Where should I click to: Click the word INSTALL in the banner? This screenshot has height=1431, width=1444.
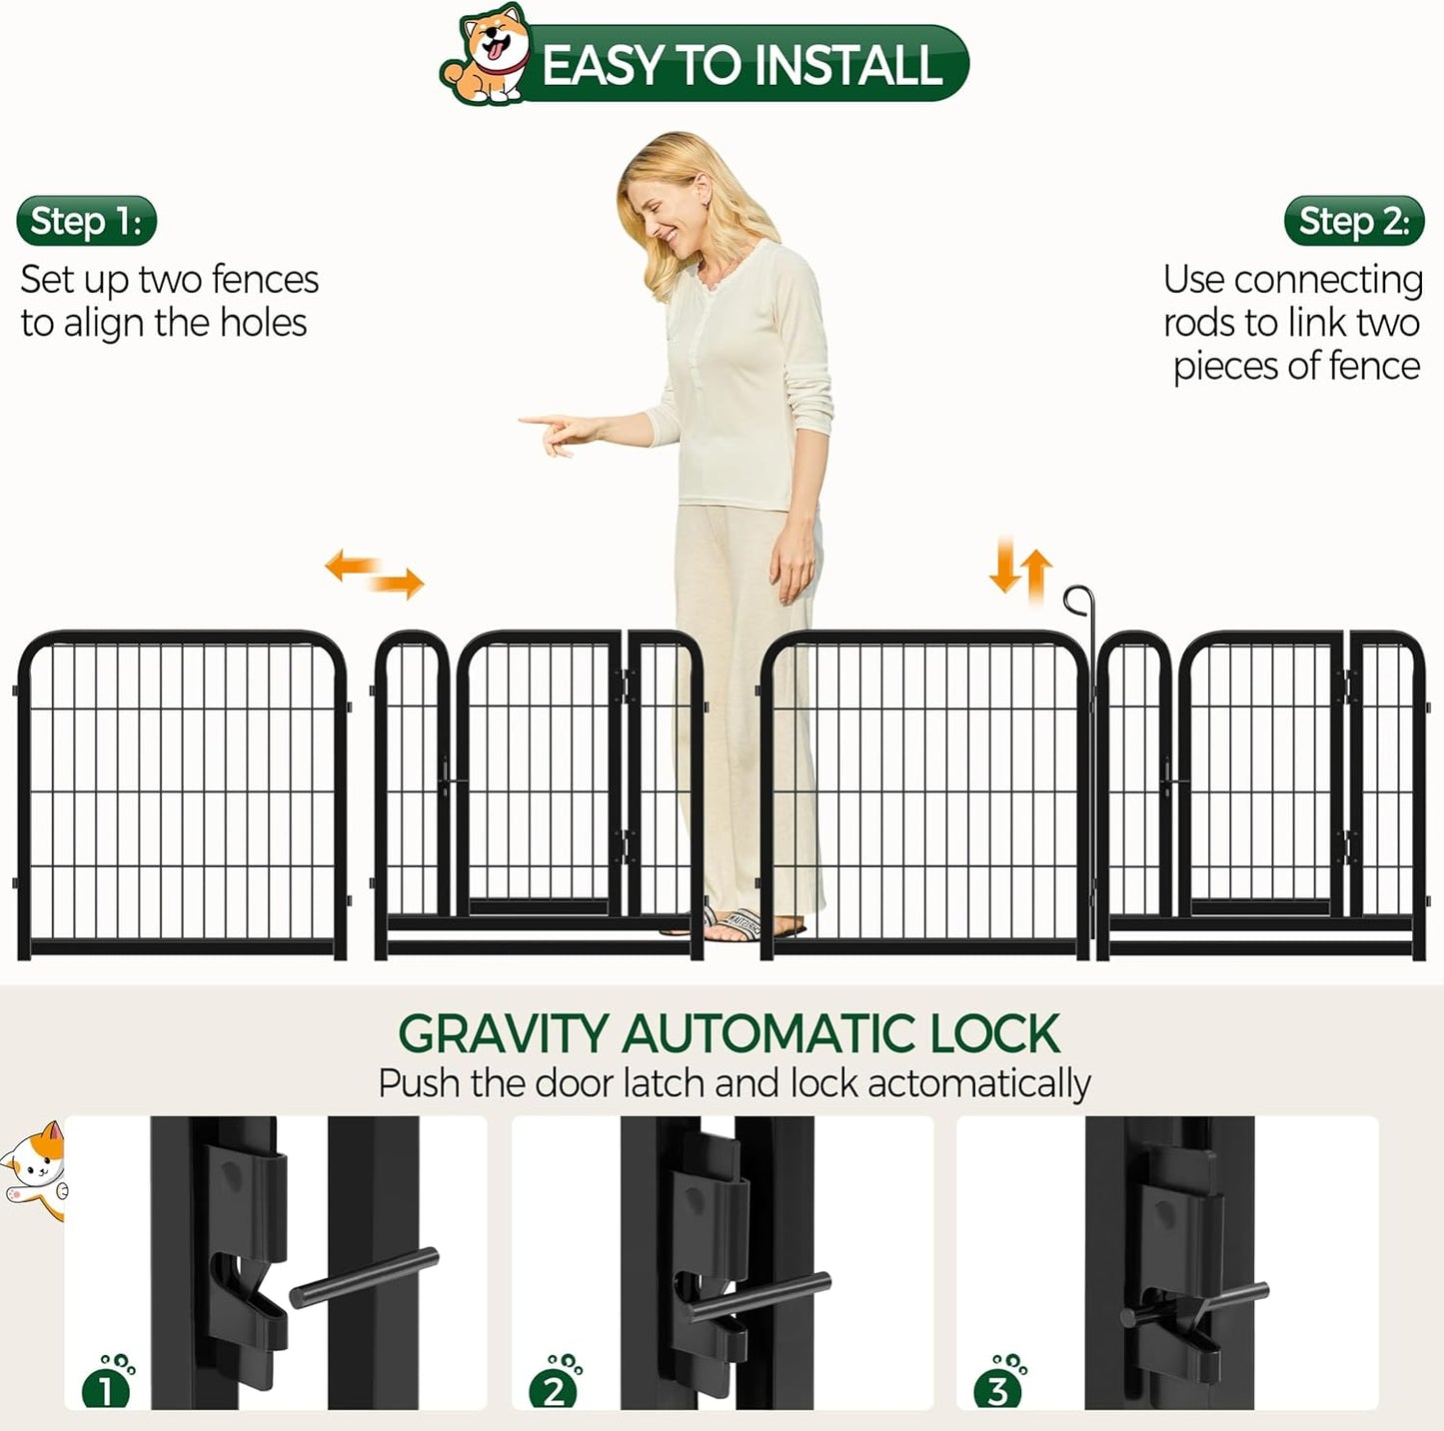tap(847, 66)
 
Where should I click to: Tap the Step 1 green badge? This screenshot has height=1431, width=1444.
tap(87, 221)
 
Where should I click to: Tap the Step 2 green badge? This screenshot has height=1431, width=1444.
tap(1353, 221)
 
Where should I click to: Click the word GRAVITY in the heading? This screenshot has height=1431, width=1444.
tap(504, 1034)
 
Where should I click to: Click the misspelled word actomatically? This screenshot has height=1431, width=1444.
tap(979, 1084)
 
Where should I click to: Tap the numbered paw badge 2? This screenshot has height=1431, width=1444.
tap(556, 1386)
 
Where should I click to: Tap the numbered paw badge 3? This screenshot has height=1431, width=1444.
tap(999, 1386)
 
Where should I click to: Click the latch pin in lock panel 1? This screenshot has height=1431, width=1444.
tap(365, 1277)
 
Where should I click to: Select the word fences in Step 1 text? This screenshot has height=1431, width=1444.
tap(265, 280)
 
